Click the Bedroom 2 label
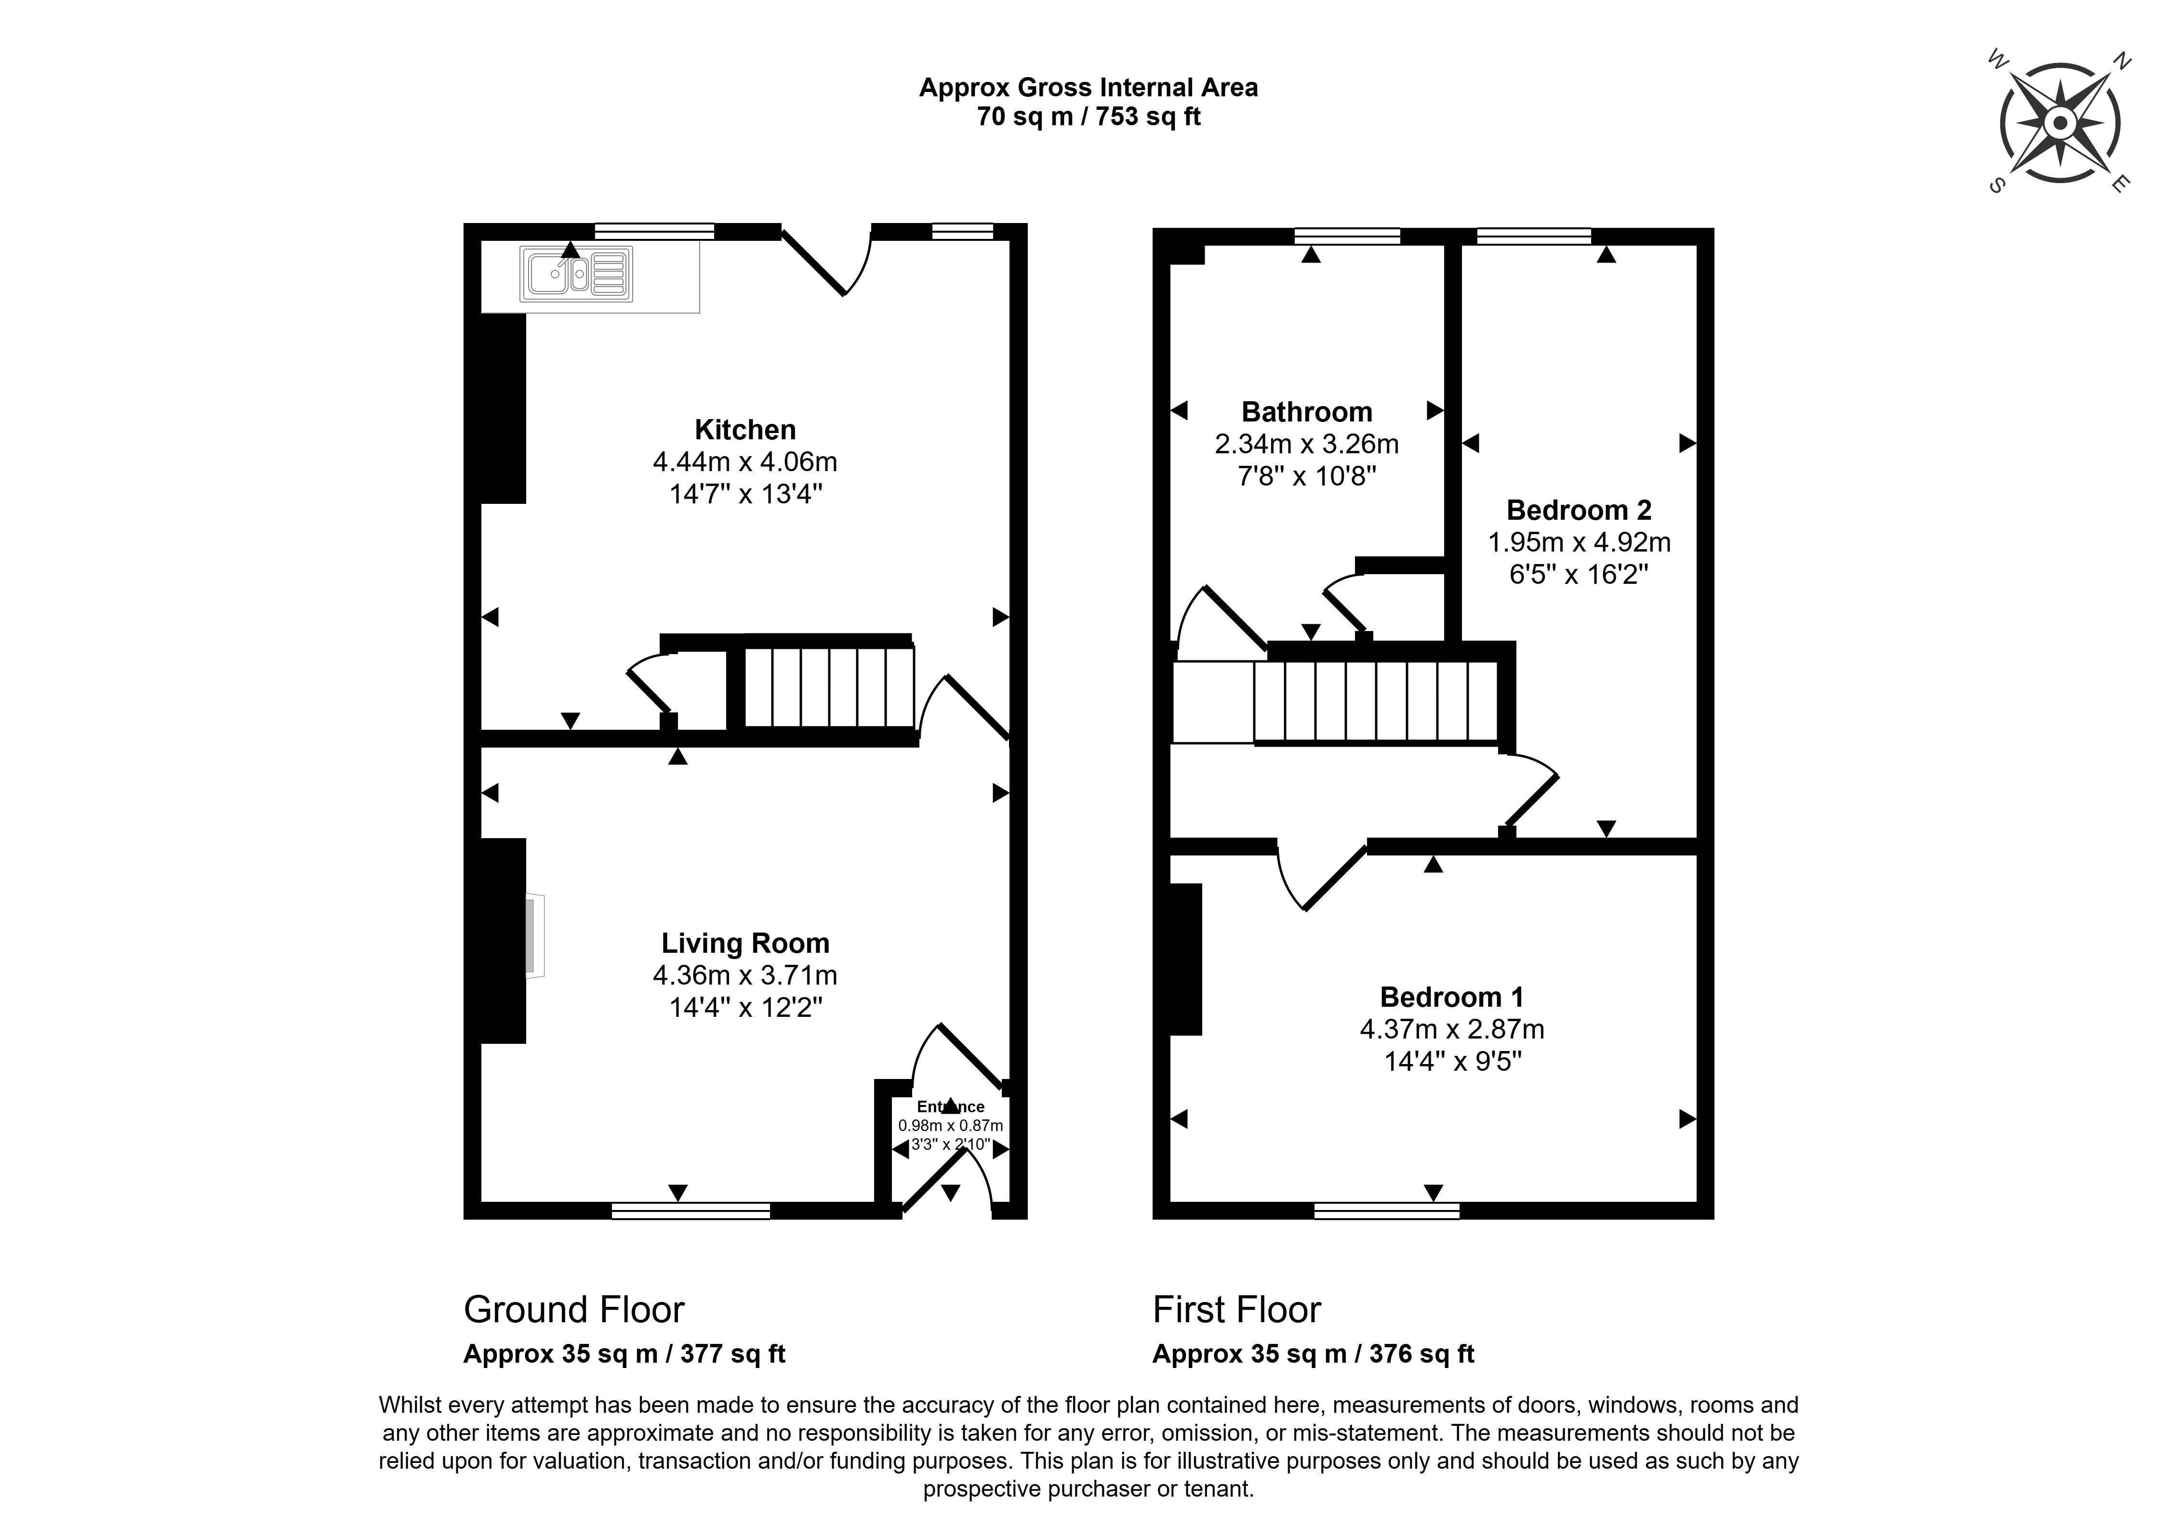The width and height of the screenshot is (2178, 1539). pos(1579,510)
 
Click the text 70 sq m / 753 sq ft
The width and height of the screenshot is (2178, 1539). pos(1089,117)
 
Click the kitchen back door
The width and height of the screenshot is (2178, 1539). pos(825,261)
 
